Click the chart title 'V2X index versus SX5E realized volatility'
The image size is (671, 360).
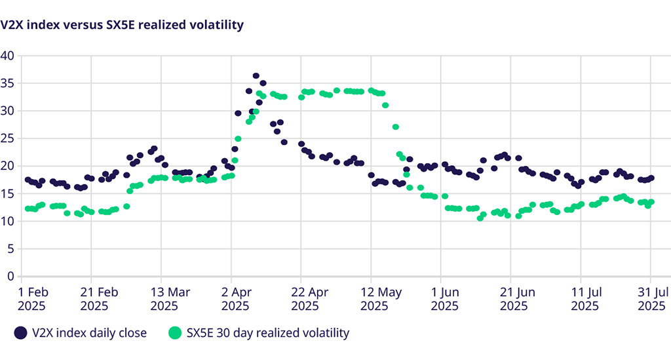point(122,25)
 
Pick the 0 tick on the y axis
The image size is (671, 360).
point(10,276)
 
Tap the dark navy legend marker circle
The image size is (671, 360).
point(22,333)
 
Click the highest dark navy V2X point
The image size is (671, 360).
point(256,76)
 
